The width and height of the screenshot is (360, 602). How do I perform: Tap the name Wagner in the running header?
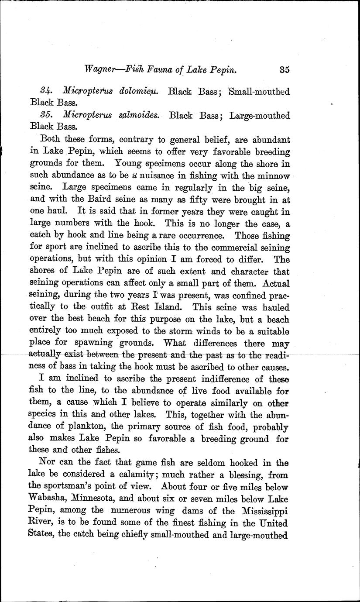(103, 69)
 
